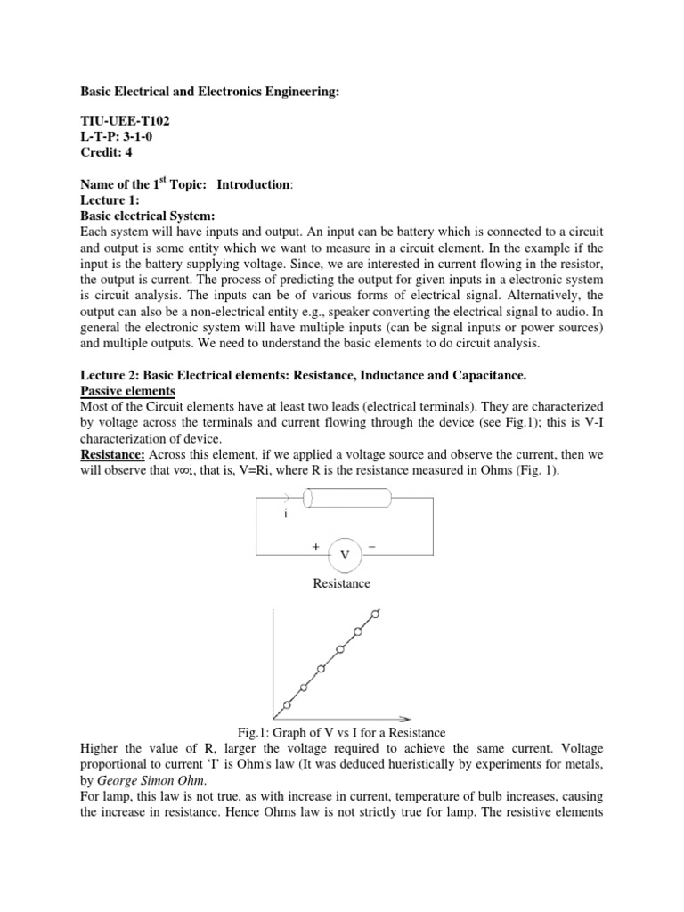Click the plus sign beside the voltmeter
click(316, 548)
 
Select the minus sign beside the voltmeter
click(371, 548)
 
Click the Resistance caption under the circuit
click(342, 584)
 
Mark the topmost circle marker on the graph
click(375, 614)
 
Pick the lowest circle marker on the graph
click(287, 704)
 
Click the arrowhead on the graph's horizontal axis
click(404, 717)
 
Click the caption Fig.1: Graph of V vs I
click(341, 732)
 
